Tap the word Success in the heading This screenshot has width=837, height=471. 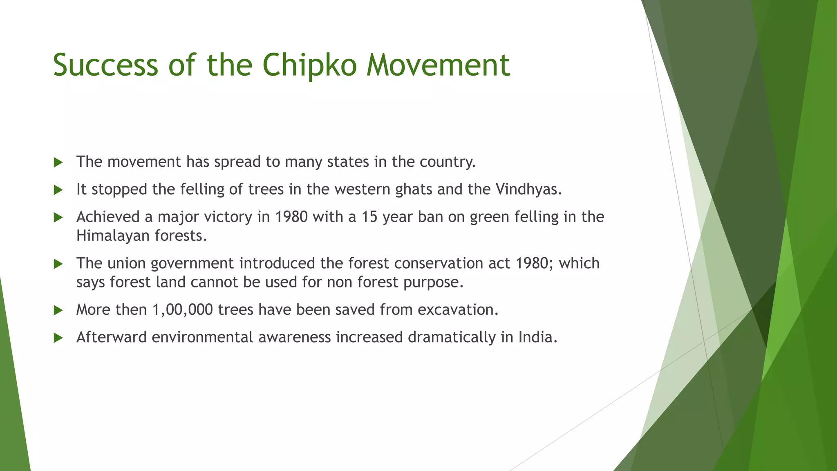point(105,65)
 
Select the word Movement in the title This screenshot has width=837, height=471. point(438,65)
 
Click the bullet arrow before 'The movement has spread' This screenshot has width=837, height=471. point(58,163)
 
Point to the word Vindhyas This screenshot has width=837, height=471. point(528,189)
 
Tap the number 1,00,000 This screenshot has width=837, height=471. point(183,310)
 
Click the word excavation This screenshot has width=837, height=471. point(457,310)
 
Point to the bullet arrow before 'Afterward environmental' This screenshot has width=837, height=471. point(58,338)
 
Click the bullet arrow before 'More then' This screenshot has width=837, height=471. point(58,311)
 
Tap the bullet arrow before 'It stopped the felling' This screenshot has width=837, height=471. point(58,190)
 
